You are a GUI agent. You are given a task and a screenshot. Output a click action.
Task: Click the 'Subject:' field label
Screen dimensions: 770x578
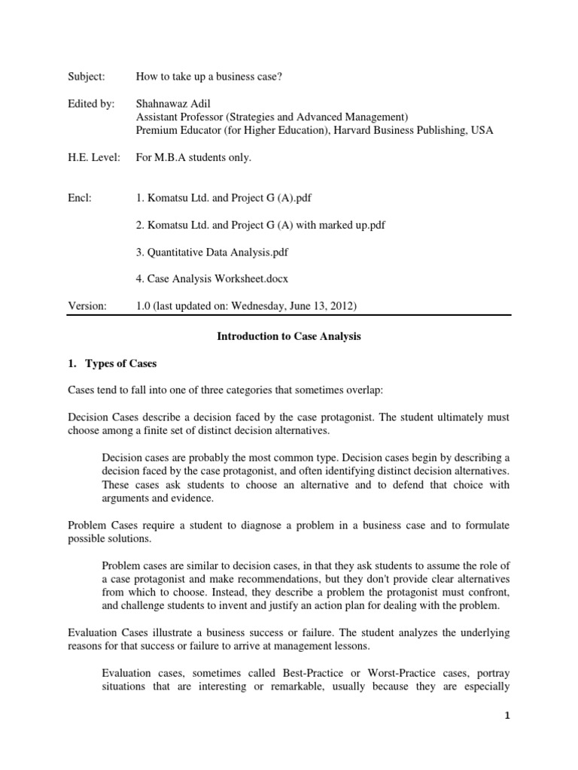tap(87, 77)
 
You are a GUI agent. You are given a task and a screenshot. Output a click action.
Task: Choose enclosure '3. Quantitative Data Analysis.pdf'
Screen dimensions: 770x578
tap(218, 251)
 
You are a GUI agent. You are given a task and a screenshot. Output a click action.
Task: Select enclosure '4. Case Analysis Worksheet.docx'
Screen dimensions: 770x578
tap(211, 278)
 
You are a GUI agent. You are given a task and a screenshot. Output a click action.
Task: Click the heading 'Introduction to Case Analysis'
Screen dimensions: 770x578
tap(288, 337)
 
